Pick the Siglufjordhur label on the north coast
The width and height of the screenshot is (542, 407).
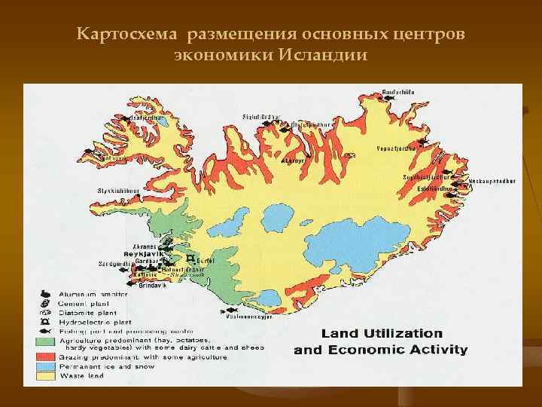point(260,117)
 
